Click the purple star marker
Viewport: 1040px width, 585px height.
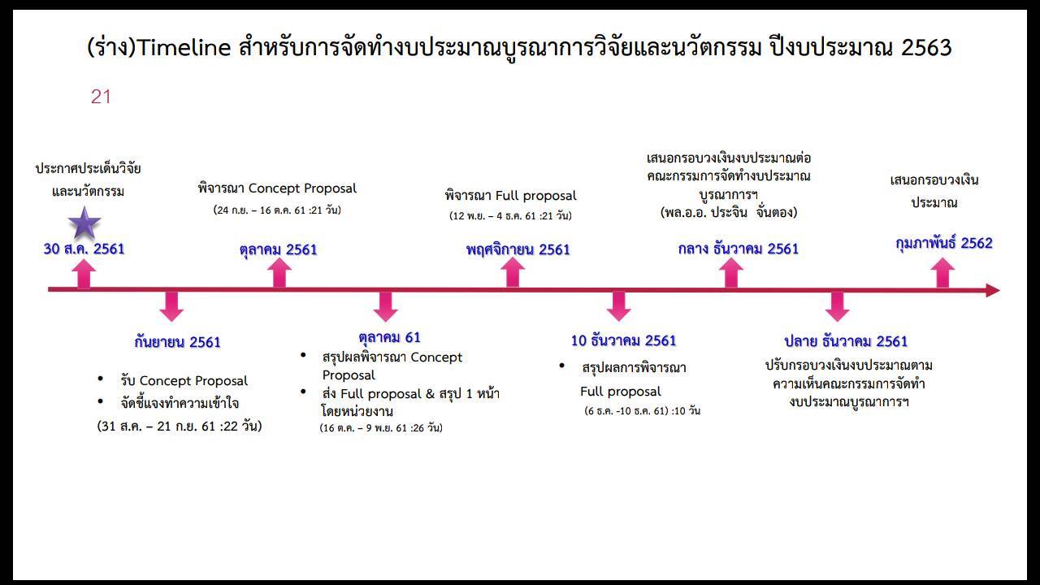click(x=84, y=223)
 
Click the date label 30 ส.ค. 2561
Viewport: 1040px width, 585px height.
click(x=84, y=249)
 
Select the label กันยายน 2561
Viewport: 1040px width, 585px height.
click(x=177, y=342)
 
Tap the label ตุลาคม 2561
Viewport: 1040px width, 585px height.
click(x=278, y=249)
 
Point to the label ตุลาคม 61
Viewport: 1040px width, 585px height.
click(x=389, y=337)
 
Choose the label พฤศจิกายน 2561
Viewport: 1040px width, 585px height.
click(x=518, y=249)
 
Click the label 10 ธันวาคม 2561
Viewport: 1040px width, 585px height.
click(x=623, y=340)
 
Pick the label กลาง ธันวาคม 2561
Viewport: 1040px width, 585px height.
click(x=739, y=249)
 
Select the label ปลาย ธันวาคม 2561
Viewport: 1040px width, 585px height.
click(x=846, y=341)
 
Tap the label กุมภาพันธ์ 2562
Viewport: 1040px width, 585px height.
click(x=944, y=243)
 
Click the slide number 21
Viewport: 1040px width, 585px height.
click(x=101, y=97)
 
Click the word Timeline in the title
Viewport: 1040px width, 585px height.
click(x=184, y=48)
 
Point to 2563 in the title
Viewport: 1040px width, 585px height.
click(x=926, y=48)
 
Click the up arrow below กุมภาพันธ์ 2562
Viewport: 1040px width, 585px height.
click(x=942, y=273)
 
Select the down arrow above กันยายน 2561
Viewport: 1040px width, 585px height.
click(x=171, y=306)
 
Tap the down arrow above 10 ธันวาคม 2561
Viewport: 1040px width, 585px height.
click(x=618, y=306)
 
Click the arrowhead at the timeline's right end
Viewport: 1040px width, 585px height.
click(x=993, y=291)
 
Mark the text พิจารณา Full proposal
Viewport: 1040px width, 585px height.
click(x=511, y=196)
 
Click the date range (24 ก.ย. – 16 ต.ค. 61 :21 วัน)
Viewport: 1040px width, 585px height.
click(x=277, y=210)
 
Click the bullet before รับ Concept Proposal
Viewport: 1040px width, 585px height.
click(x=100, y=379)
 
